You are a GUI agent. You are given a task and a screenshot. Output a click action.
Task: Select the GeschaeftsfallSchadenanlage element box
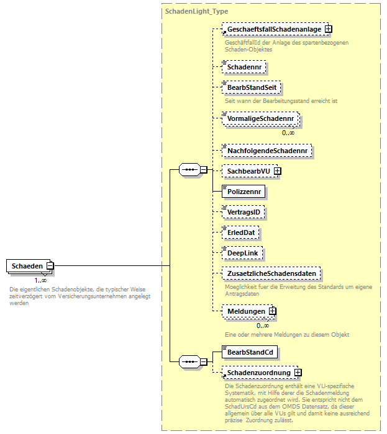[x=273, y=29]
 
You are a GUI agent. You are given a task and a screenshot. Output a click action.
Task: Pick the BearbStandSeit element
[x=251, y=88]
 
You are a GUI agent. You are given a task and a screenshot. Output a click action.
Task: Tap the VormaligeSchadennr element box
[x=260, y=117]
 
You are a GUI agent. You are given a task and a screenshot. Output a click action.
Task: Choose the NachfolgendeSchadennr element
[x=267, y=150]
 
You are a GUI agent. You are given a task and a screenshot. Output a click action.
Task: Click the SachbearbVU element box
[x=247, y=170]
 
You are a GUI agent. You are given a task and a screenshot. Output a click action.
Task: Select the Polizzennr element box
[x=245, y=192]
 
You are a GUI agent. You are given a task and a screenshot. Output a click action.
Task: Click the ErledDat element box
[x=241, y=232]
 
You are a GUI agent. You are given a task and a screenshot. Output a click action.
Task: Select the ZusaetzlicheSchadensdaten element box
[x=273, y=273]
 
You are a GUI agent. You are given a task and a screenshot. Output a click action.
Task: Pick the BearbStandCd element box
[x=250, y=352]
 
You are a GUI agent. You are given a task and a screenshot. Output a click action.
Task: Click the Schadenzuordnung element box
[x=258, y=373]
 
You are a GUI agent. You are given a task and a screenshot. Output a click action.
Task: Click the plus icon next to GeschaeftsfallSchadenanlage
[x=329, y=29]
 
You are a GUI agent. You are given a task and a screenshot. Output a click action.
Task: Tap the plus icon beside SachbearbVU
[x=278, y=170]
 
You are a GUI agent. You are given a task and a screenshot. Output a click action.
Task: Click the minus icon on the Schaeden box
[x=50, y=266]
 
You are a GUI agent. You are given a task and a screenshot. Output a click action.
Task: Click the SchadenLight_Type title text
[x=196, y=11]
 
